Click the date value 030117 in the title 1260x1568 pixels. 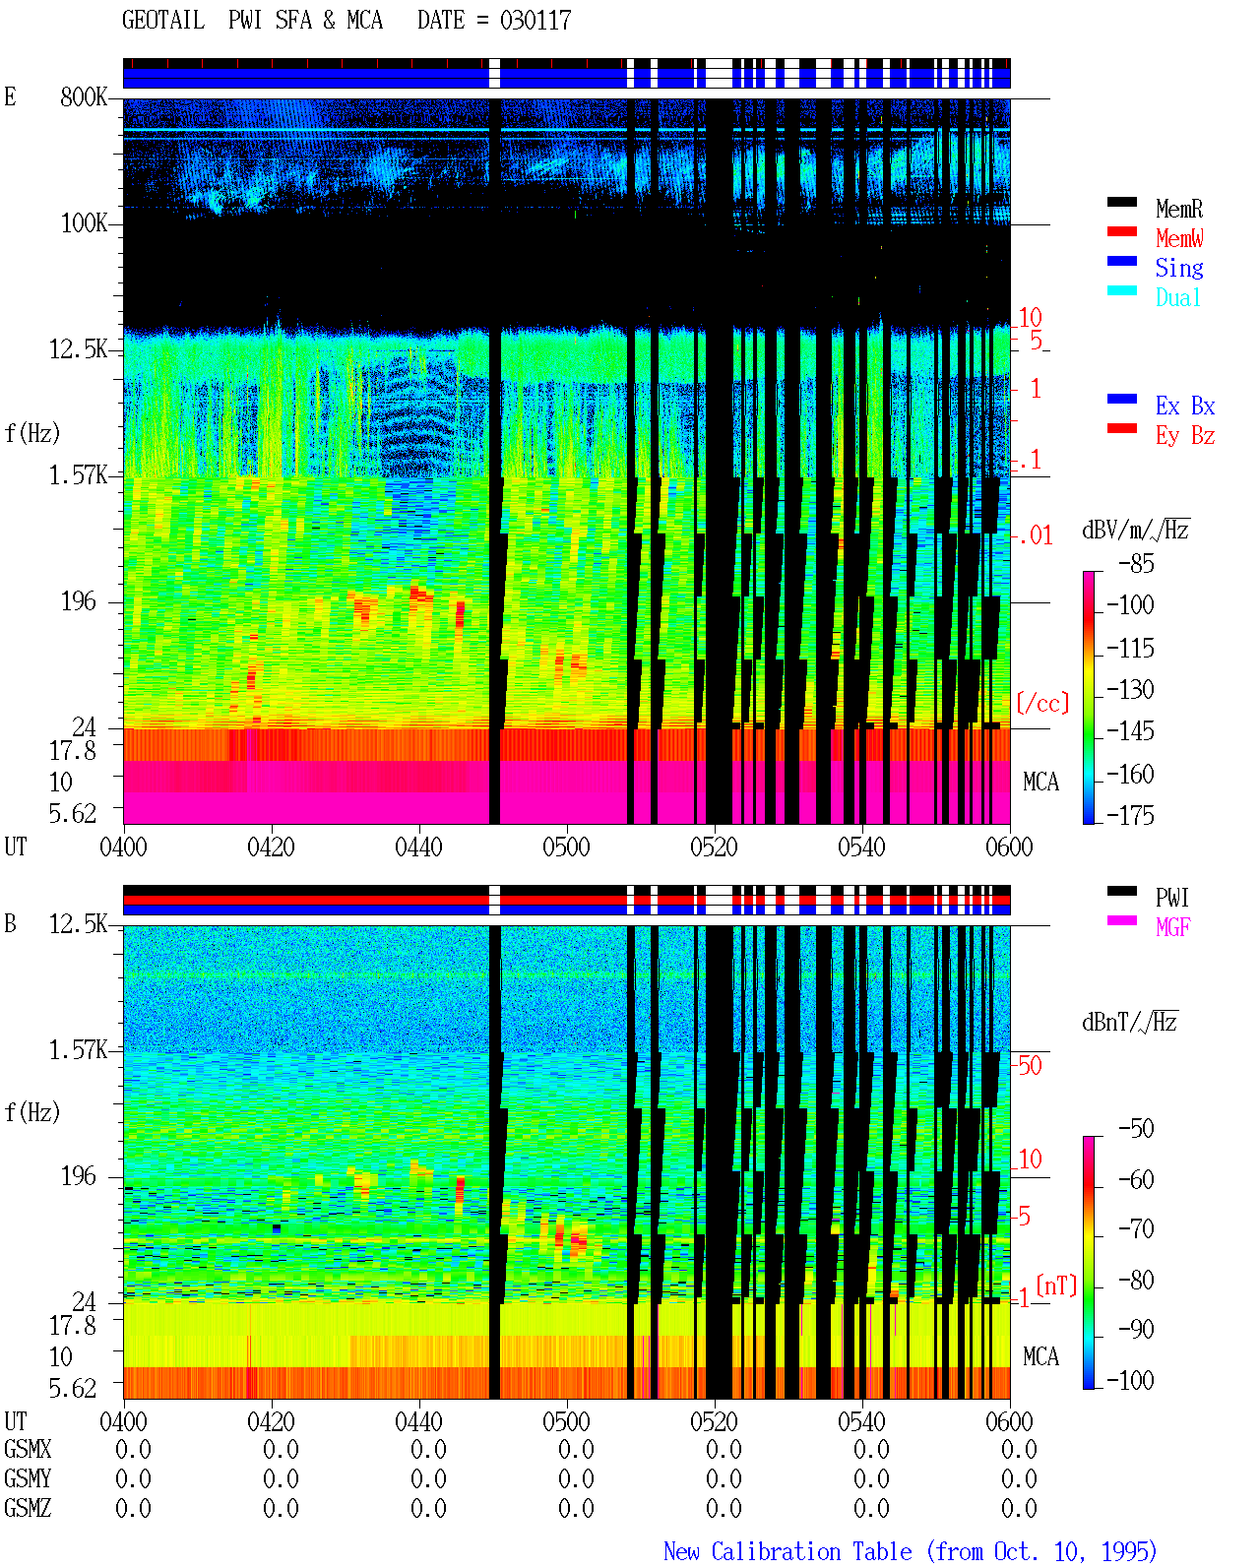click(535, 21)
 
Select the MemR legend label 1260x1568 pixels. click(1179, 209)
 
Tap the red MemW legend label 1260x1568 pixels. click(1179, 238)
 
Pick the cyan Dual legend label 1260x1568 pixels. click(1178, 297)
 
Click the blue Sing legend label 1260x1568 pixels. click(1179, 268)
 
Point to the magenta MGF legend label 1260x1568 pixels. click(1173, 927)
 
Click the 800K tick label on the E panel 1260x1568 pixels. click(84, 96)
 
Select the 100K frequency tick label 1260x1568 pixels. click(84, 223)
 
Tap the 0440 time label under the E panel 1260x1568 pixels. click(418, 847)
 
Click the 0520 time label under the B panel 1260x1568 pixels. click(715, 1420)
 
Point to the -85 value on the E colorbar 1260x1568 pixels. click(1136, 563)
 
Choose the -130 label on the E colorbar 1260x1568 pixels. click(1130, 689)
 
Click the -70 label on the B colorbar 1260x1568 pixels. click(1136, 1227)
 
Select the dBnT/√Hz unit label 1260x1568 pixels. click(1129, 1022)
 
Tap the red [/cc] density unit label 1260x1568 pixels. click(1042, 703)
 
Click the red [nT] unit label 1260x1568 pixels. click(1056, 1285)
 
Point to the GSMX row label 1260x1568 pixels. click(28, 1449)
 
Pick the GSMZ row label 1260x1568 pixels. click(28, 1508)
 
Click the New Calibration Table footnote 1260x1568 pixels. click(910, 1551)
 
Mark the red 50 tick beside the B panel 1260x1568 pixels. click(1030, 1065)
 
